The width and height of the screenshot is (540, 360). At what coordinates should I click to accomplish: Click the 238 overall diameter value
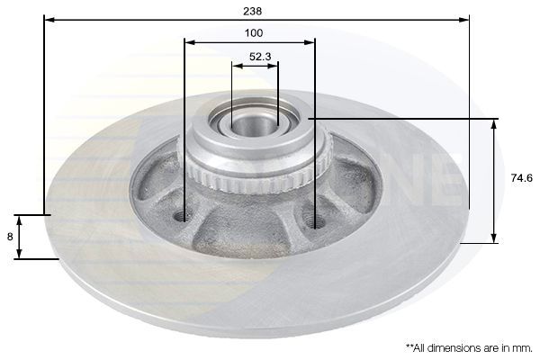tap(252, 11)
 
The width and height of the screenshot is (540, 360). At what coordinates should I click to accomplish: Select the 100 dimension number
tap(254, 33)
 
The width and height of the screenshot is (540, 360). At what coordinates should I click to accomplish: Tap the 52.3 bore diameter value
tap(260, 57)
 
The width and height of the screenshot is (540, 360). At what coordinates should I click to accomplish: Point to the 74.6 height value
tap(522, 178)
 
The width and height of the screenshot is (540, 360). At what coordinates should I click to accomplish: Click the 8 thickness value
tap(10, 237)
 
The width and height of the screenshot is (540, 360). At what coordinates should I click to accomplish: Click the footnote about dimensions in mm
tap(469, 347)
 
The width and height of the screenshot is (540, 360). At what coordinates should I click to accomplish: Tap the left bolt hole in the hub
tap(182, 217)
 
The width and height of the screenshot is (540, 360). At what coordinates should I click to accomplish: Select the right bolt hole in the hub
tap(313, 220)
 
